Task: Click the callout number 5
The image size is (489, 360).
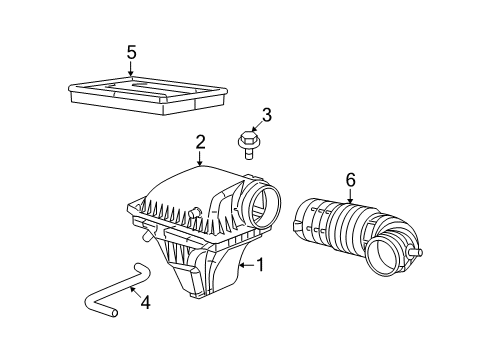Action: [132, 53]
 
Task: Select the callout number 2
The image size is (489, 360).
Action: [200, 143]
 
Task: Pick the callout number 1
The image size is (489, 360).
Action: [260, 266]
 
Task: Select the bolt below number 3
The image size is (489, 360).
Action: [246, 145]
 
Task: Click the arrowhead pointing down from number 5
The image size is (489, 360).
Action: [132, 76]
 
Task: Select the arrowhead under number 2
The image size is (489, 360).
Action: [200, 164]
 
